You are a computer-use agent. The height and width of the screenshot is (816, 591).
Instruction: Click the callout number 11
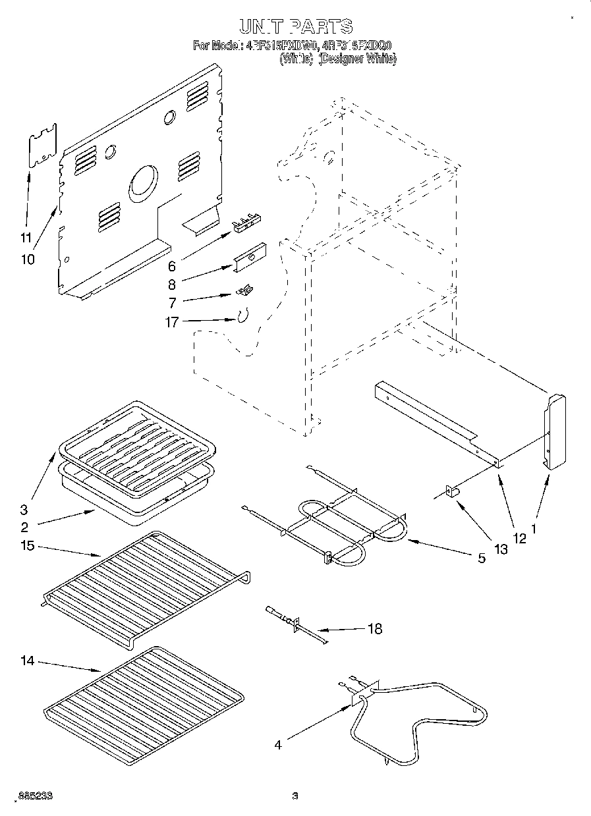[26, 237]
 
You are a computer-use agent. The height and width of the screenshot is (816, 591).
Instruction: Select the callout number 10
[27, 259]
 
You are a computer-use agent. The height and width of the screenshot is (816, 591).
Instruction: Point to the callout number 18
[374, 629]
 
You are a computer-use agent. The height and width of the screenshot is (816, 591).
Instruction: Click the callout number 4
[278, 745]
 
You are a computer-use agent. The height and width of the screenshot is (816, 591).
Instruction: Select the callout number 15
[27, 546]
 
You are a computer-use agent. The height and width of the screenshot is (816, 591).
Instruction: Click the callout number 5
[482, 558]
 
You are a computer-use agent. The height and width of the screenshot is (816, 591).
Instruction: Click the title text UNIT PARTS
[295, 27]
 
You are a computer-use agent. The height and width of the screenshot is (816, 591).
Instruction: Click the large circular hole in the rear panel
[143, 182]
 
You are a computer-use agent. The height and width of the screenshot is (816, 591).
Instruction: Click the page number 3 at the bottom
[295, 796]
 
